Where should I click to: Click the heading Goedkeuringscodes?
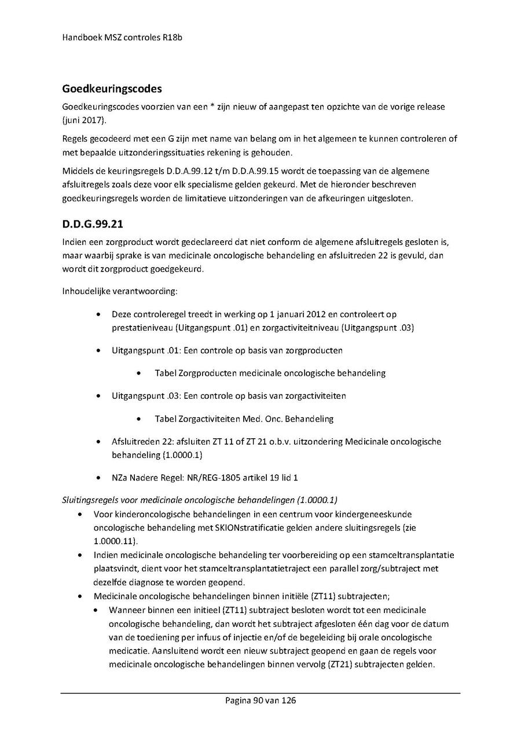tap(112, 90)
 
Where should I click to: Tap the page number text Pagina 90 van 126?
tap(260, 701)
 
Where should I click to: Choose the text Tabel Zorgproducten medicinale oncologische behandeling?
tap(270, 373)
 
